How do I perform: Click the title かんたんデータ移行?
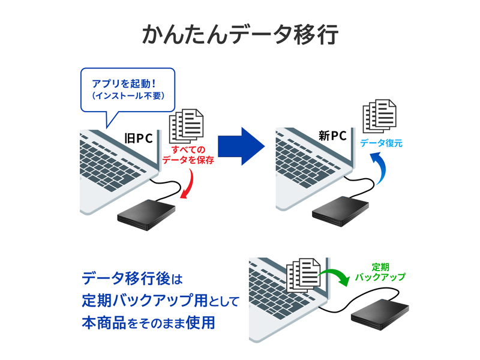coord(240,35)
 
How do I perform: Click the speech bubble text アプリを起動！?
coord(124,83)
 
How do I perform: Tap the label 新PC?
coord(332,136)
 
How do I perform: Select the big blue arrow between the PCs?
coord(241,146)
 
